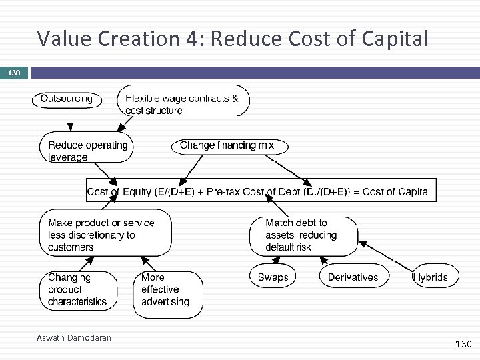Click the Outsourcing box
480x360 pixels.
click(67, 99)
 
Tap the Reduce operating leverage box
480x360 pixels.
click(87, 151)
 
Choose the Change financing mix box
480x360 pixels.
click(227, 145)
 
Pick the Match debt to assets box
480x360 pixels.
click(303, 235)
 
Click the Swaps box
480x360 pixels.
click(273, 277)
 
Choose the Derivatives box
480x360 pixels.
click(353, 277)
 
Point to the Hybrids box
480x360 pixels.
click(435, 277)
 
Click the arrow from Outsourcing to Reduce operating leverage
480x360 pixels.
click(71, 120)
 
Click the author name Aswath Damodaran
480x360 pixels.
click(73, 338)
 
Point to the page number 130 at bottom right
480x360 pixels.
click(463, 344)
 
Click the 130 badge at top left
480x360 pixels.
click(14, 72)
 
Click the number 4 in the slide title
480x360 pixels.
click(193, 39)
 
